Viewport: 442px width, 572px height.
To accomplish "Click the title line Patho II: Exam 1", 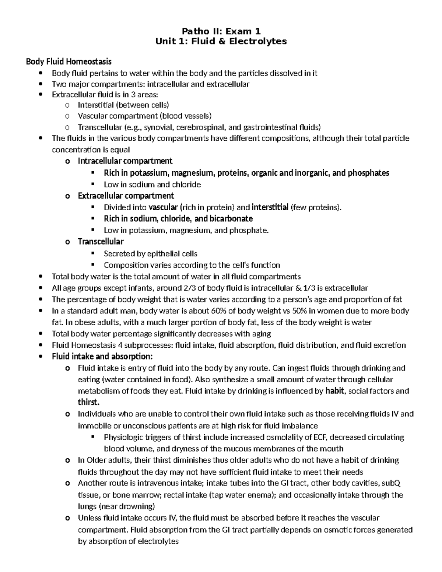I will click(x=221, y=31).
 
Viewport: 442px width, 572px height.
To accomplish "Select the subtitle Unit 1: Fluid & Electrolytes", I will click(x=221, y=41).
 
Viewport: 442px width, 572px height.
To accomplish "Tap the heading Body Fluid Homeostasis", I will click(x=69, y=61).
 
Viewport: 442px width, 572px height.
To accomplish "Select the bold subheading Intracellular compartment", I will click(x=125, y=161).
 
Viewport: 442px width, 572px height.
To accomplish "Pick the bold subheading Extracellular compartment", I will click(x=126, y=196).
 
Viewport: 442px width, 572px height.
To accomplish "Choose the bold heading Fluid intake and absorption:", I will click(x=102, y=357).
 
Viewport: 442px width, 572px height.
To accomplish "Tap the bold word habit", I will click(x=334, y=391).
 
